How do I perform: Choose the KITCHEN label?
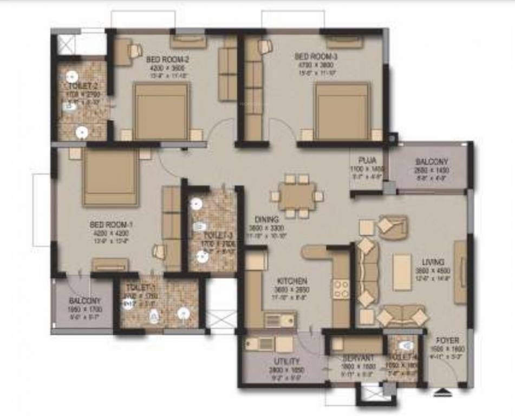292,281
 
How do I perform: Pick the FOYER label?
447,341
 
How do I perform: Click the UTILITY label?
287,361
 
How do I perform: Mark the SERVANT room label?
358,358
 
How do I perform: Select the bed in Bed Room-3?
342,112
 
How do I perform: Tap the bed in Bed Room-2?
161,112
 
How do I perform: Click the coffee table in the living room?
402,272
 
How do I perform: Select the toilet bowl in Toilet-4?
406,345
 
